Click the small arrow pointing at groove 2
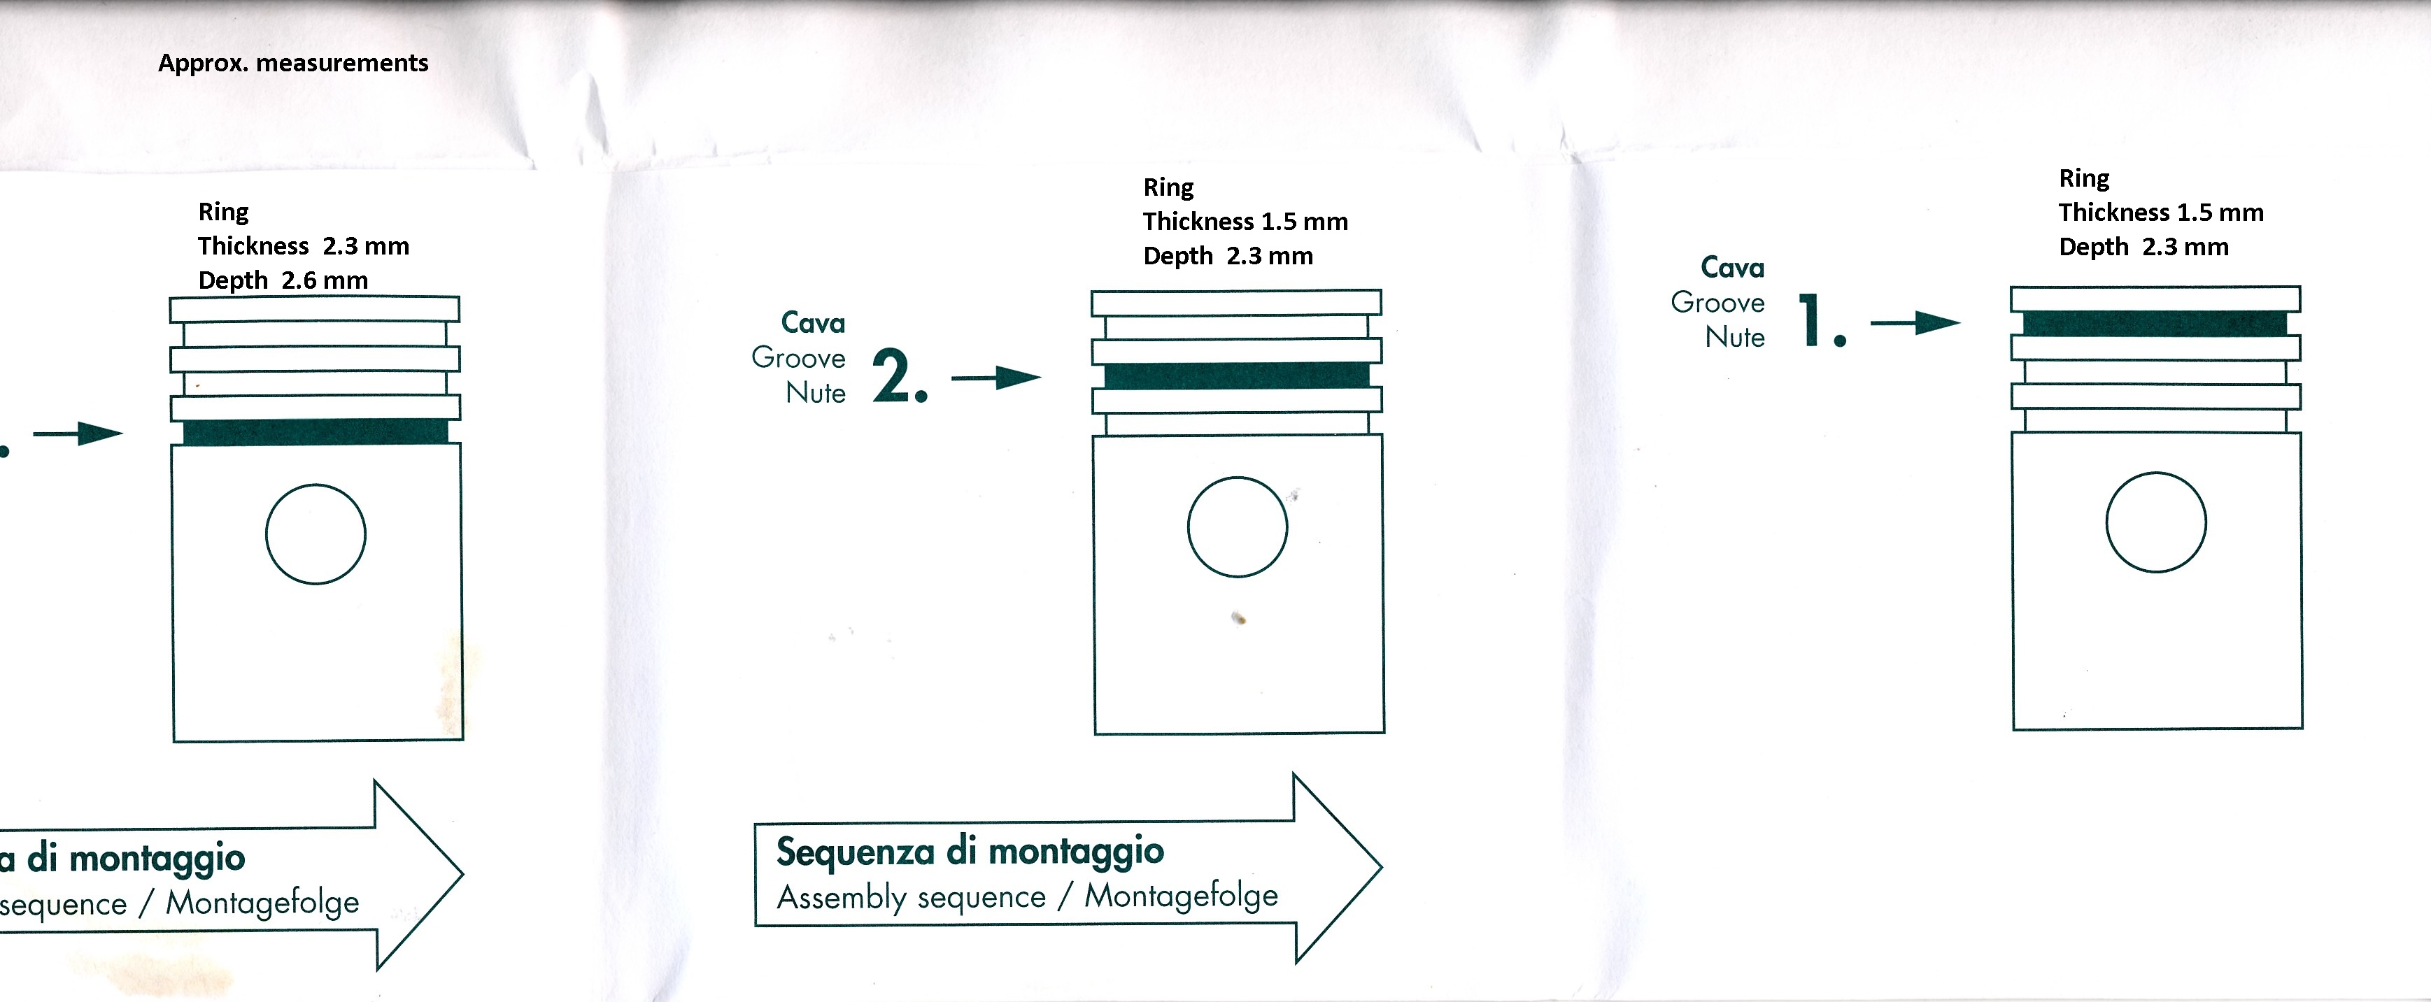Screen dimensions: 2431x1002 (995, 378)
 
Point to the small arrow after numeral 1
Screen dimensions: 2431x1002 (1915, 322)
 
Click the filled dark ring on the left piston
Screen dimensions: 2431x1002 (316, 431)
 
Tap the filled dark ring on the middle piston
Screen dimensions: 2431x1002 (1236, 375)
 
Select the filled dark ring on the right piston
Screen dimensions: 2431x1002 (2155, 324)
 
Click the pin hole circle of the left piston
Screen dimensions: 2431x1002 (316, 485)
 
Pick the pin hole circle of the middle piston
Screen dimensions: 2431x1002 (1238, 478)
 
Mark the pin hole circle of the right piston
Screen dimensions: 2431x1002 (2155, 473)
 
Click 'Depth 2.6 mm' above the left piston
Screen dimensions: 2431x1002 (283, 281)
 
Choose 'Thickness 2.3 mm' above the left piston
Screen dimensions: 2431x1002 (304, 246)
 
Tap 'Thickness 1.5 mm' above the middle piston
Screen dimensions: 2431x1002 (1246, 222)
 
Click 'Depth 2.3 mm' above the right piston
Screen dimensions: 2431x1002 (2144, 248)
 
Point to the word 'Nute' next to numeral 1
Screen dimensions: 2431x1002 (1734, 337)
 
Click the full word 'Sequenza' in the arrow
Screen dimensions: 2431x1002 (855, 851)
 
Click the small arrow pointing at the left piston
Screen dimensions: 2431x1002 (78, 434)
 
